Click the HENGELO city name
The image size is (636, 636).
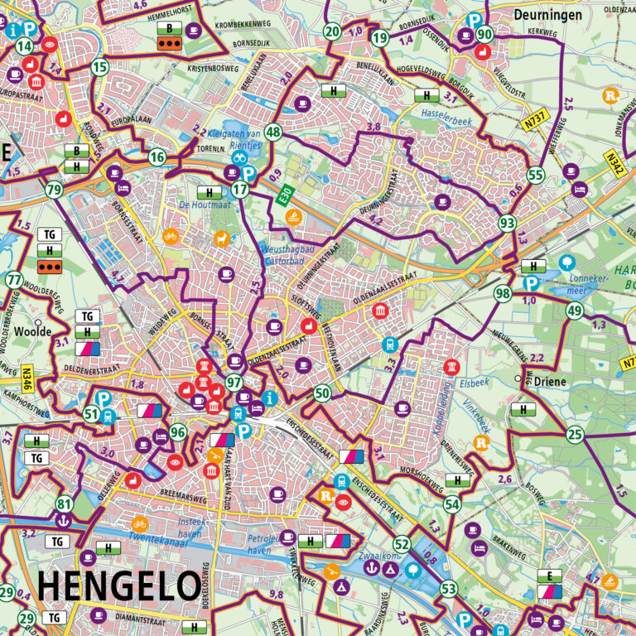click(118, 586)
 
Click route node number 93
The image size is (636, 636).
click(507, 224)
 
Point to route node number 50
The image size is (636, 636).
click(323, 393)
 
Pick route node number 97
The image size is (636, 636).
click(234, 383)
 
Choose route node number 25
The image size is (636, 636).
click(575, 435)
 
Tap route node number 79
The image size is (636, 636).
click(55, 190)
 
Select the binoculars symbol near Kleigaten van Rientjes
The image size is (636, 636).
click(238, 157)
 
